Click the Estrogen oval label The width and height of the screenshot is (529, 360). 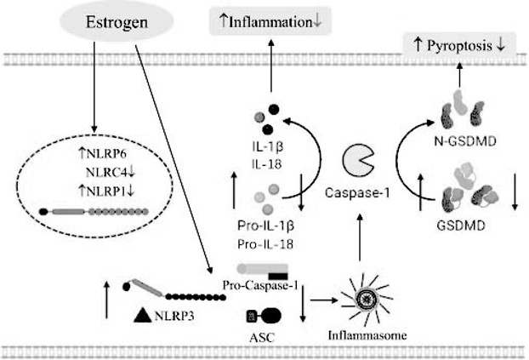(x=117, y=22)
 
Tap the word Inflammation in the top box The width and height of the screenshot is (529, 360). (x=270, y=22)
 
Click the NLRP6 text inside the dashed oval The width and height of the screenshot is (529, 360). (x=106, y=154)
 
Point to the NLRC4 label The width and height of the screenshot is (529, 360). (x=106, y=173)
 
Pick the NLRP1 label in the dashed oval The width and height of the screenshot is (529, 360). (x=106, y=191)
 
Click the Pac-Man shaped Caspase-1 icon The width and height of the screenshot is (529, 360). (x=358, y=160)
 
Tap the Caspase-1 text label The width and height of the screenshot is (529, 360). (x=357, y=193)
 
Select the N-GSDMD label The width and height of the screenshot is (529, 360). (x=465, y=140)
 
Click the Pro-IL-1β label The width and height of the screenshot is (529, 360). (x=266, y=226)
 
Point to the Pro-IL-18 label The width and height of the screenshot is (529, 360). (x=265, y=243)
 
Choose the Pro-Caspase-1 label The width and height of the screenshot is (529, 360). (x=260, y=285)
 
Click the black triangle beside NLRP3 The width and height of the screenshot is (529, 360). (x=142, y=315)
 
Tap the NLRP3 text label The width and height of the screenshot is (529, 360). (x=174, y=316)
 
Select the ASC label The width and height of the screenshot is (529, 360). (x=262, y=337)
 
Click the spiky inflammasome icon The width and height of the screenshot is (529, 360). (x=367, y=299)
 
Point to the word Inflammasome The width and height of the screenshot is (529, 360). (x=367, y=335)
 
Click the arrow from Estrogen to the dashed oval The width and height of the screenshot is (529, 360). (x=94, y=87)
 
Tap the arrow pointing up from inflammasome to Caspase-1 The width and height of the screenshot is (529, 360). (x=360, y=237)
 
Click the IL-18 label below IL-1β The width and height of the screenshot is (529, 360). (x=266, y=164)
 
